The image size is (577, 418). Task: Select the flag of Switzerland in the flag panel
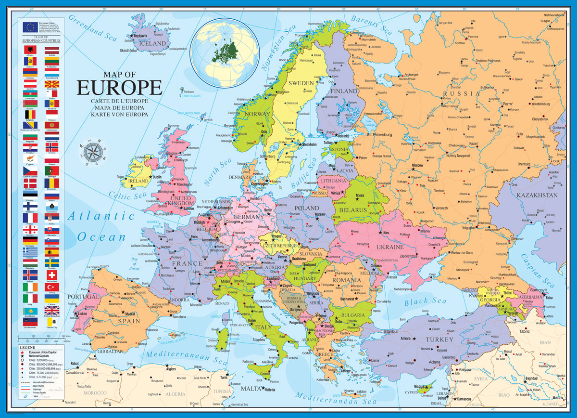coord(52,274)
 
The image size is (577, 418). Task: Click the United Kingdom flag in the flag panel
coord(52,310)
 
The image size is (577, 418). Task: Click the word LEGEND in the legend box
coord(27,347)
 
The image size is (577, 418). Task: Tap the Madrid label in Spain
coord(133,314)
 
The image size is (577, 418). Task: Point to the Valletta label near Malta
coord(270,390)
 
